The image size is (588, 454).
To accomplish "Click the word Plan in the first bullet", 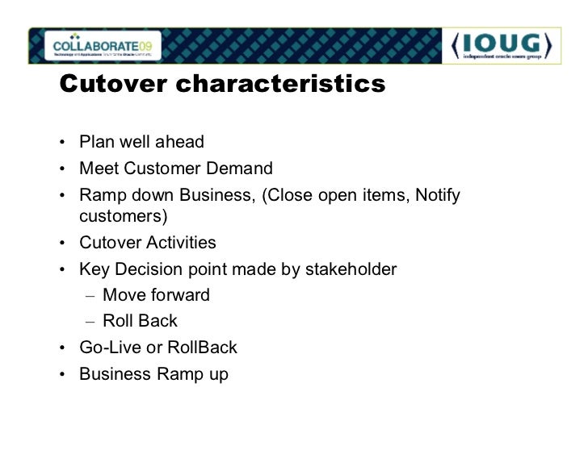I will click(x=95, y=143).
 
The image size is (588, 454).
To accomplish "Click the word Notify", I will click(x=437, y=195).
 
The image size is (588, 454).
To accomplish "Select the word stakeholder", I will click(x=351, y=269).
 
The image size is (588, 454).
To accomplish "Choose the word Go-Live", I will click(x=107, y=348).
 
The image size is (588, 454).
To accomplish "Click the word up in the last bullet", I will click(x=218, y=375).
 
